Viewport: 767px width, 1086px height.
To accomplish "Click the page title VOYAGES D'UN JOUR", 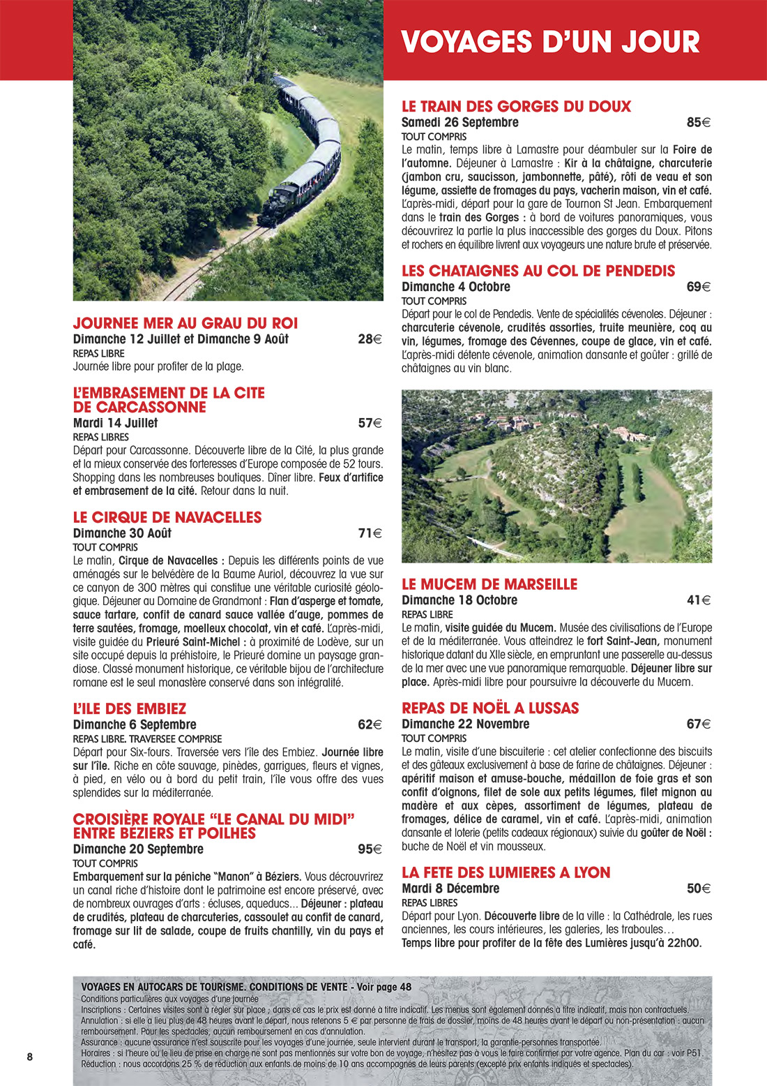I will (550, 42).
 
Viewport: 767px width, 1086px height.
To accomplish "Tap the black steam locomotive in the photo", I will (278, 203).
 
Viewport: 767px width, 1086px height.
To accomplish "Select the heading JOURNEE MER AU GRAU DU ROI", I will (185, 323).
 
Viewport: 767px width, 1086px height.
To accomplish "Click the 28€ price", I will (370, 340).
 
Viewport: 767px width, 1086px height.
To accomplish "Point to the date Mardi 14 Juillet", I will (115, 423).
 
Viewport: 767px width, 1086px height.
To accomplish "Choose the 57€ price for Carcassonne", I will (370, 423).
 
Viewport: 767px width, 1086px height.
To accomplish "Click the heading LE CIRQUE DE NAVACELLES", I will (167, 517).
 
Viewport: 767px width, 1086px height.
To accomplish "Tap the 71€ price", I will (370, 533).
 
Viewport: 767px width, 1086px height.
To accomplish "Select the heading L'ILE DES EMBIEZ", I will (130, 708).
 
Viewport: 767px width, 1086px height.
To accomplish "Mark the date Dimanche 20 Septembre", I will (138, 849).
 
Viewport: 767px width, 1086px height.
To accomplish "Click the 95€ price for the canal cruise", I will (370, 849).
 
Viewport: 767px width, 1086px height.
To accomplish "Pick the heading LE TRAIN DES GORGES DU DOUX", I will (516, 107).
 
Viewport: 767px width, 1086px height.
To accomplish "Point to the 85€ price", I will (698, 123).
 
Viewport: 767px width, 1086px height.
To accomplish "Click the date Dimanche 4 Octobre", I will (456, 287).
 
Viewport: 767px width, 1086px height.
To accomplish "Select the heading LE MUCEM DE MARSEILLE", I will (489, 584).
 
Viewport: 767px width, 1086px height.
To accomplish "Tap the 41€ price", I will (698, 600).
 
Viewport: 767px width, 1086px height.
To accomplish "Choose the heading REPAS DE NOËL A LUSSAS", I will (490, 708).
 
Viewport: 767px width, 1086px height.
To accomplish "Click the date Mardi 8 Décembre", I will (450, 888).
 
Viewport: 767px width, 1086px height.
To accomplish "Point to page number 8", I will (29, 1057).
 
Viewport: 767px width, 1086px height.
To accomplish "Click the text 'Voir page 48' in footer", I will (383, 987).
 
